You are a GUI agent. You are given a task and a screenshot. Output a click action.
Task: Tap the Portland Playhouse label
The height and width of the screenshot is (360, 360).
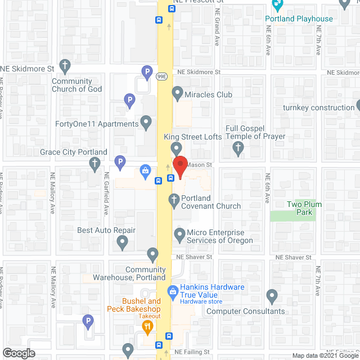299,19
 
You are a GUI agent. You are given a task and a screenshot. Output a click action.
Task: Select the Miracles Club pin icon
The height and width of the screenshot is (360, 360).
178,92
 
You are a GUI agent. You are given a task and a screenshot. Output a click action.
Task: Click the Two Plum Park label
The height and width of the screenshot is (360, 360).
304,208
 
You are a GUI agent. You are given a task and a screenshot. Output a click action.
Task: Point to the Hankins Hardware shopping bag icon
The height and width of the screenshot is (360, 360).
173,291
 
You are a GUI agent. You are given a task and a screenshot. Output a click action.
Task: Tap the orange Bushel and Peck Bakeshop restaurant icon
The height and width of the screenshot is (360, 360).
148,326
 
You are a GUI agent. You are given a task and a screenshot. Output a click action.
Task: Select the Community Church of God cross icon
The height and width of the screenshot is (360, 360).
65,65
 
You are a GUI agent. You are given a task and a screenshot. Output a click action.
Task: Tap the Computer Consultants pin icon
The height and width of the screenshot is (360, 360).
272,295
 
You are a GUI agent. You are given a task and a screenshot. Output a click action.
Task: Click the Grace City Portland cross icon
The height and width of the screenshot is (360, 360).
94,164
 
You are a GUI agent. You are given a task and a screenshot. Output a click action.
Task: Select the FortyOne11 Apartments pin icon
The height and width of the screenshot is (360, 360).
146,121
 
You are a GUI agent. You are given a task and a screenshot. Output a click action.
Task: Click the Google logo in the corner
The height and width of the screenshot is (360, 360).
19,353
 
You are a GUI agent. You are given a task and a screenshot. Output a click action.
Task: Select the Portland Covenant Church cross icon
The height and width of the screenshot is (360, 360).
174,200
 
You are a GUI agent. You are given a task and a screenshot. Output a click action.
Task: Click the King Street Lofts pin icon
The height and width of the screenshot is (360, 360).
176,148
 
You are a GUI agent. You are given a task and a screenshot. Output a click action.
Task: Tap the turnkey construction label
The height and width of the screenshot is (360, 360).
318,107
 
